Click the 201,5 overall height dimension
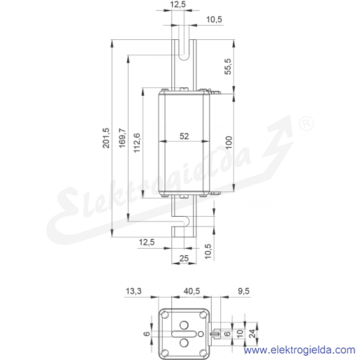106,138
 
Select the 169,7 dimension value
122,138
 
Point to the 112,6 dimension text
137,143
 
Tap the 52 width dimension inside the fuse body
184,136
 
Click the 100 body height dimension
229,143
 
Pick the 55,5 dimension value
228,66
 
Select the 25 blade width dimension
184,258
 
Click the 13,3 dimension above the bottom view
134,291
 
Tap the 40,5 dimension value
192,291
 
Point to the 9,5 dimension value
244,291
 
